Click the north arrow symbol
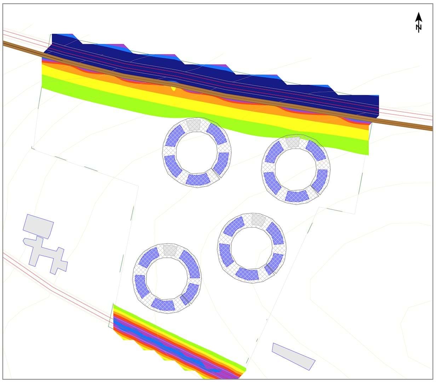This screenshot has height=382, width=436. tap(418, 22)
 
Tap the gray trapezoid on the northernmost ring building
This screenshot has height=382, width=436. tap(194, 125)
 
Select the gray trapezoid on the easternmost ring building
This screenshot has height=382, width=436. tap(293, 142)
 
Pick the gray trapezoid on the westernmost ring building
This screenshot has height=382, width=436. tap(170, 250)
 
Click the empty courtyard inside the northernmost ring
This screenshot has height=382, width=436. tap(197, 152)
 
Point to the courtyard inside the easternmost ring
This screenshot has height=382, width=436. tap(296, 169)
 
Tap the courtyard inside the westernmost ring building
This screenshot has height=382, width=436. tap(167, 279)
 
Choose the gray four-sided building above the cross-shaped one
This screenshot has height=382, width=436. tap(38, 226)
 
